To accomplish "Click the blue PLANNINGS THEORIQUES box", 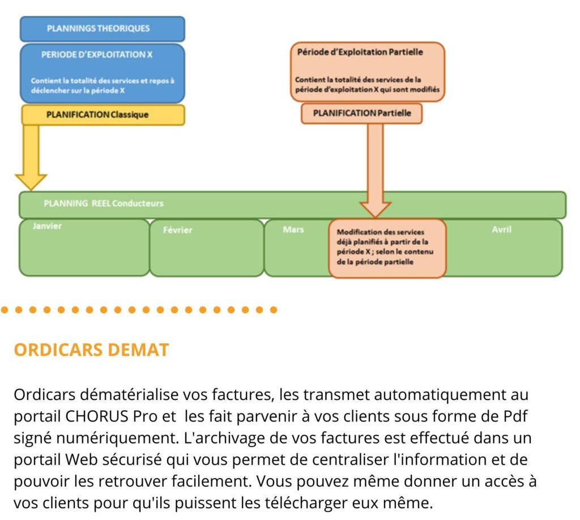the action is click(103, 29).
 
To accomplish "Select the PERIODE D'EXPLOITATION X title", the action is click(97, 55).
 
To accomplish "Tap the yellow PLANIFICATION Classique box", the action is click(103, 114).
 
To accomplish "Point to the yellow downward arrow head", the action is click(31, 182).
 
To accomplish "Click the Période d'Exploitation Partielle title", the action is click(360, 52).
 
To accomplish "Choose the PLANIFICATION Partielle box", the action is click(362, 113).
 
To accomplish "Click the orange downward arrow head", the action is click(376, 210).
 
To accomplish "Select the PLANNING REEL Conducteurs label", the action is click(104, 203).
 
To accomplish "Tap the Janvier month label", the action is click(47, 226).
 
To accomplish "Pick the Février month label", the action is click(177, 230).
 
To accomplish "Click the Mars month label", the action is click(293, 229).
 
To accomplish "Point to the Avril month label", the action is click(502, 229).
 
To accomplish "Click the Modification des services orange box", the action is click(387, 248).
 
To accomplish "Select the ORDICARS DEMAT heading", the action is click(91, 350).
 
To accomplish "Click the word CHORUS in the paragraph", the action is click(96, 416).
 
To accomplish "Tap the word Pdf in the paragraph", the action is click(515, 416).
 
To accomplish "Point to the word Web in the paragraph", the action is click(82, 460).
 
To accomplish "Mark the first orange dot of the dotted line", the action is click(5, 310).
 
